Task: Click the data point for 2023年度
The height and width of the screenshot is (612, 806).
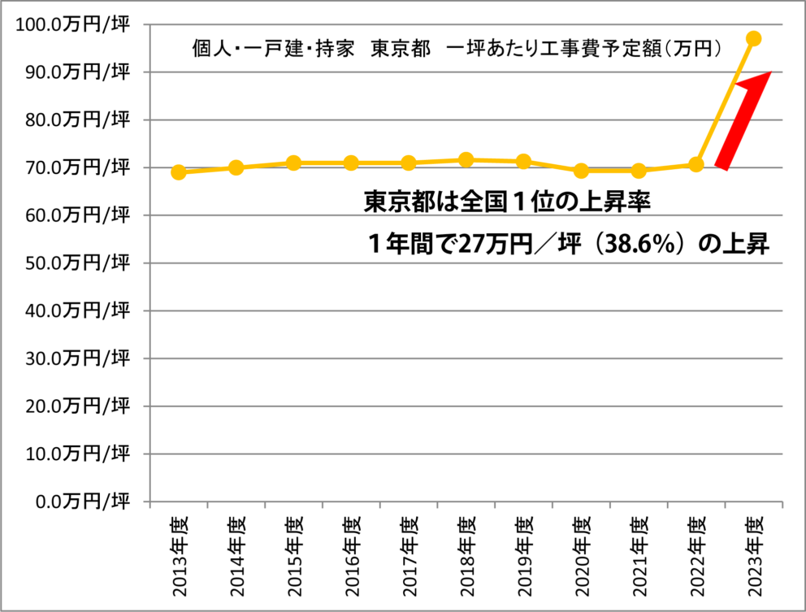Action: (x=753, y=38)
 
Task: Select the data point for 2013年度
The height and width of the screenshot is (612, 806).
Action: (x=179, y=172)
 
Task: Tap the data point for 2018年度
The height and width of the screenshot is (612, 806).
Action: (x=466, y=159)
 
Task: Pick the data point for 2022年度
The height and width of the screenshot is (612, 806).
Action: (x=695, y=164)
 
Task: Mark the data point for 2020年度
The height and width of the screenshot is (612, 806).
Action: (x=581, y=171)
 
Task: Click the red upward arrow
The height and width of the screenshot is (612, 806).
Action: (x=744, y=118)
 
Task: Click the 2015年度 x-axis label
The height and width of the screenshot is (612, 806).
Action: (x=293, y=553)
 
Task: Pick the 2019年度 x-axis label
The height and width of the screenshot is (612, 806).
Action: (x=523, y=553)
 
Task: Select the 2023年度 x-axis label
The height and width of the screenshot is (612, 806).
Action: (x=754, y=553)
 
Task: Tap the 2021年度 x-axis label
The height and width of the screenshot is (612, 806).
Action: (x=639, y=553)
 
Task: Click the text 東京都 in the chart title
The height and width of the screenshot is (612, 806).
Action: (x=400, y=49)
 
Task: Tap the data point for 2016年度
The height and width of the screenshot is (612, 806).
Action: (x=351, y=163)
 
